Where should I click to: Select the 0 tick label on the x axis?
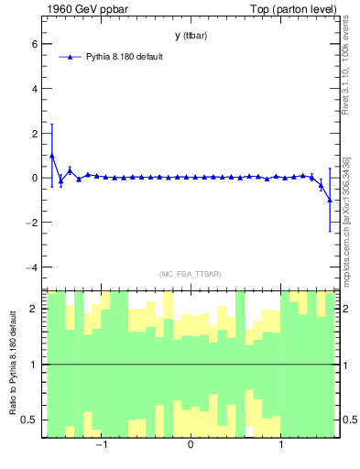pos(191,446)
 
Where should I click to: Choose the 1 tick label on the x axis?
pos(280,446)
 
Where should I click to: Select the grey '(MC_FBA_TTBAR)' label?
pos(190,274)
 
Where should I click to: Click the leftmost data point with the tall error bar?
pos(52,156)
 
